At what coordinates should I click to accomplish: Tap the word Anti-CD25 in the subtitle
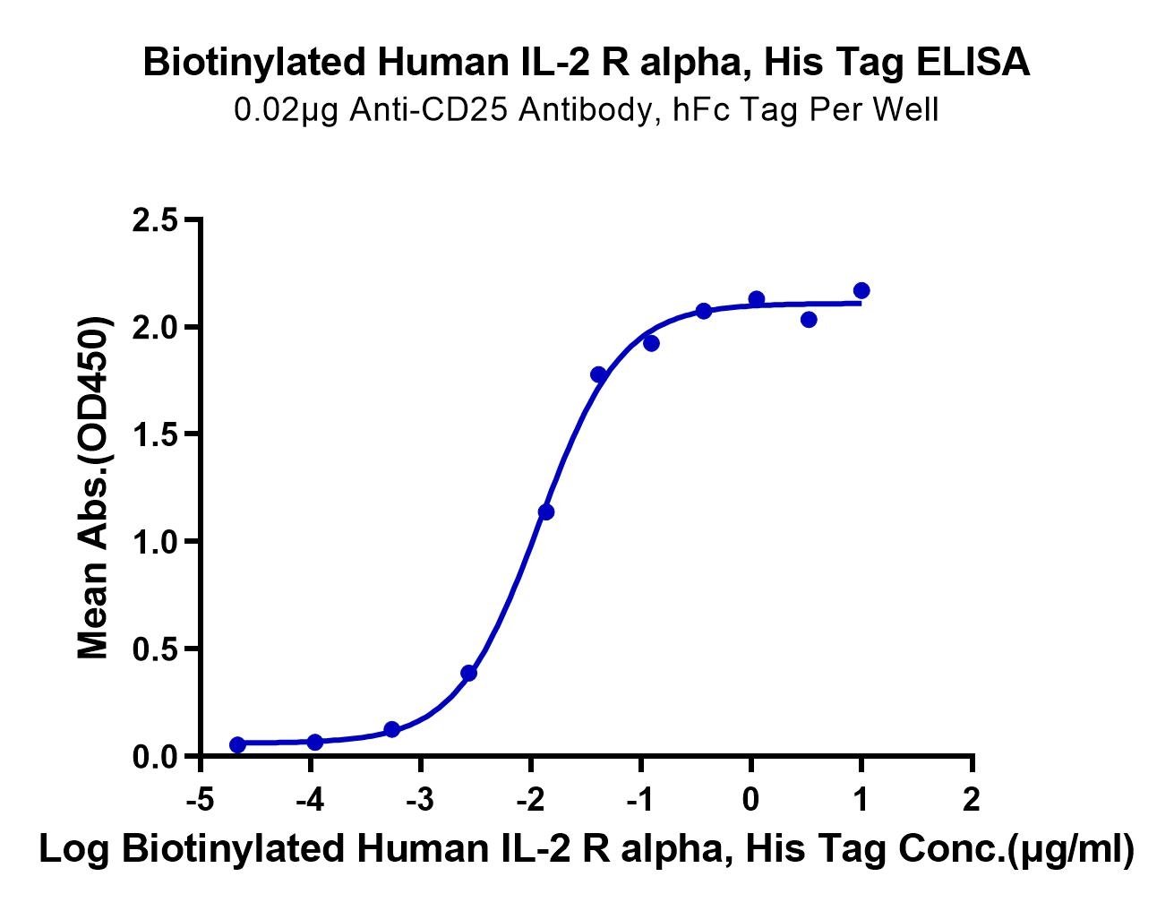pyautogui.click(x=428, y=109)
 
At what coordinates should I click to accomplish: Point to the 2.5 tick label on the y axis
pyautogui.click(x=155, y=220)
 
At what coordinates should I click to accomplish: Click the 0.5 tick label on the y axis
pyautogui.click(x=155, y=649)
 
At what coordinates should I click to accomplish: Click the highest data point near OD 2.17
pyautogui.click(x=861, y=290)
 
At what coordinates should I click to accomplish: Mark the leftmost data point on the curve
pyautogui.click(x=237, y=744)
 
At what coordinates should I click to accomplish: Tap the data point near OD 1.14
pyautogui.click(x=546, y=511)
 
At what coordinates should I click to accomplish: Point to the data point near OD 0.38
pyautogui.click(x=469, y=674)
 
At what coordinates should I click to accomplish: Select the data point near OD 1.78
pyautogui.click(x=598, y=374)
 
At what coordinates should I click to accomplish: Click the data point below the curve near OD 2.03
pyautogui.click(x=809, y=320)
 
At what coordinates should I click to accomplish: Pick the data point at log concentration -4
pyautogui.click(x=315, y=743)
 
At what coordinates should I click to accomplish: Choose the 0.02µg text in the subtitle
pyautogui.click(x=287, y=111)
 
